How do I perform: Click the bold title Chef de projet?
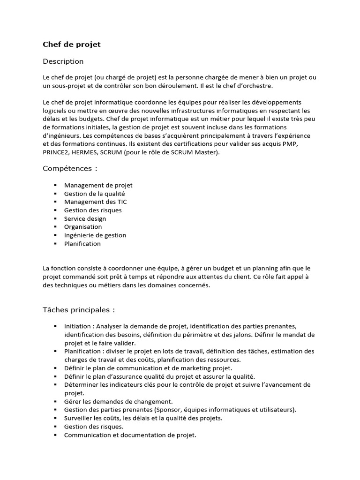(x=72, y=45)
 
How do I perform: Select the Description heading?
(x=63, y=61)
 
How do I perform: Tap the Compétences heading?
(x=70, y=168)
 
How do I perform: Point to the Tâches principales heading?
(x=79, y=310)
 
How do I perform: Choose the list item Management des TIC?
(x=95, y=202)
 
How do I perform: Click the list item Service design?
(x=85, y=218)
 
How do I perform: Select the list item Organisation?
(x=83, y=227)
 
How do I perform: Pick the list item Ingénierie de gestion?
(x=95, y=235)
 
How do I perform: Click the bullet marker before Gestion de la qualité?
(x=55, y=193)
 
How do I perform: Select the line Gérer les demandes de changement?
(x=119, y=401)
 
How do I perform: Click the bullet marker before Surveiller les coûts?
(x=55, y=418)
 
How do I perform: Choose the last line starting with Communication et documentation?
(x=130, y=435)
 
